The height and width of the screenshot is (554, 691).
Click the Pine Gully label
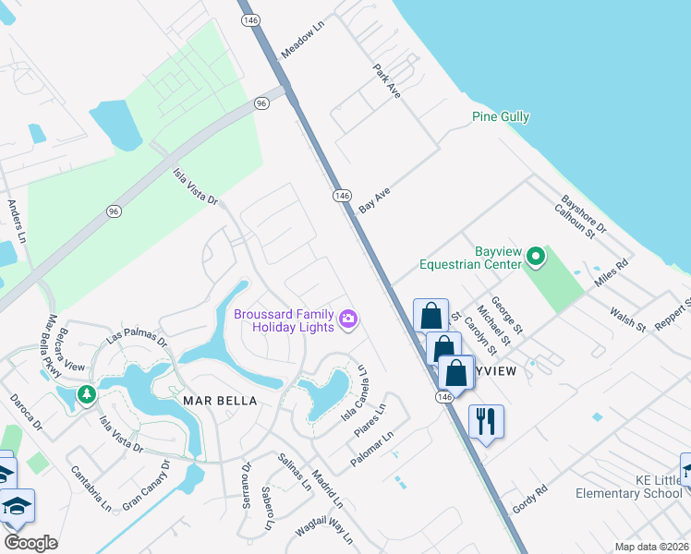click(x=500, y=117)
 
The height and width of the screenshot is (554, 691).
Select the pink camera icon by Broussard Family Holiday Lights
click(x=348, y=319)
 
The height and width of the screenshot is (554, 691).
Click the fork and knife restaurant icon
click(x=486, y=422)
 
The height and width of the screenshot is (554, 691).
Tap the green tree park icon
click(x=86, y=394)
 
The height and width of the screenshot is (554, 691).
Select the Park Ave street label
click(x=386, y=82)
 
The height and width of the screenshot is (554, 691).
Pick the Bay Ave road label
click(x=375, y=199)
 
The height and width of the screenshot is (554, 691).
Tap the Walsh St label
click(x=627, y=319)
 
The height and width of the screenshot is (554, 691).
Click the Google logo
click(x=30, y=543)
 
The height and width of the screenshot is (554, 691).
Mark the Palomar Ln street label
click(x=372, y=448)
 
